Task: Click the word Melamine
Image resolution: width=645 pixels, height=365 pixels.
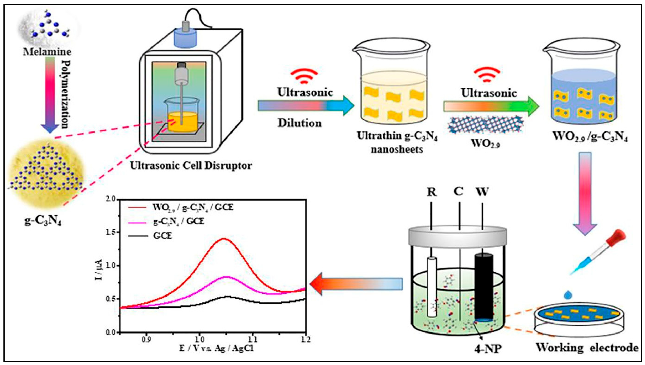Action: tap(47, 52)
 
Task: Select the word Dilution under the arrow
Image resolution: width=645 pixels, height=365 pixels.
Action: tap(300, 123)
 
